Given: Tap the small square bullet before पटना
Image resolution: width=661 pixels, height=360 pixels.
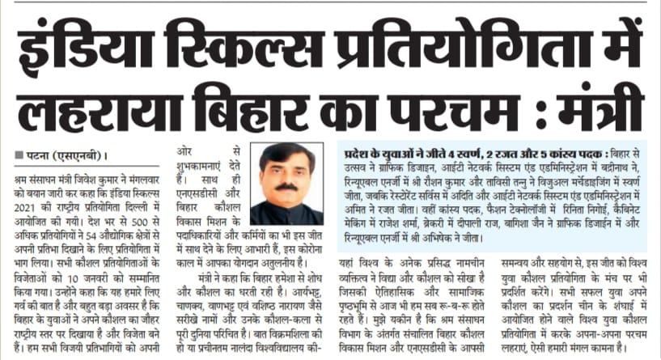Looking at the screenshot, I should click(x=19, y=155).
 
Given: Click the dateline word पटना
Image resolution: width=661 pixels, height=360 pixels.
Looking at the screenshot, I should click(x=37, y=155).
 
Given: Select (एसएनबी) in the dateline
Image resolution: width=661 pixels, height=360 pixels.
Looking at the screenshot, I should click(x=80, y=155).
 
